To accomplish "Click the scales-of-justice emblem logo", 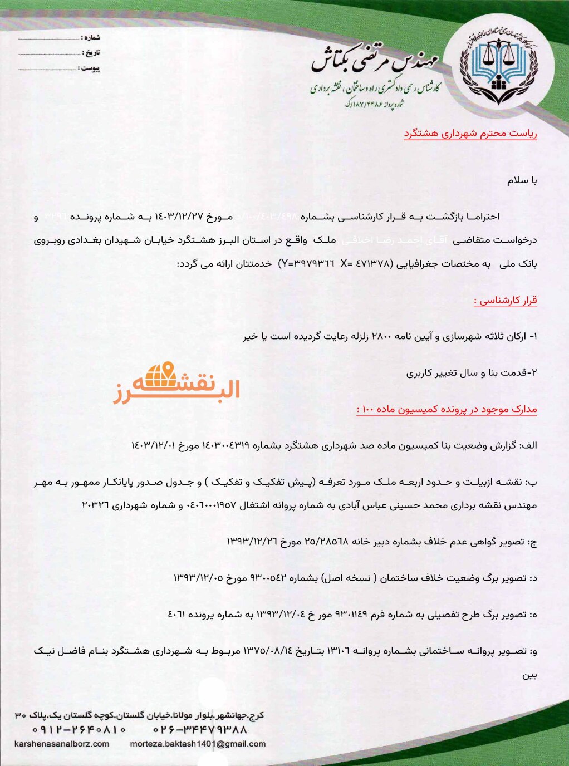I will tap(499, 66).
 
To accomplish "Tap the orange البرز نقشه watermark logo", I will tap(176, 384).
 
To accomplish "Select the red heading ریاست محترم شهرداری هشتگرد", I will tap(470, 134).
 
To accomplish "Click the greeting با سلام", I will tap(522, 181).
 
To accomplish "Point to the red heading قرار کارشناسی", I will tap(506, 301).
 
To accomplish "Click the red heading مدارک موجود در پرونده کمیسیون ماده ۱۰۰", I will tap(447, 410).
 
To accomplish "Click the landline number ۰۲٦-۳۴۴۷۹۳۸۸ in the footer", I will tap(200, 729).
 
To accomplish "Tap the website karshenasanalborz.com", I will tap(62, 744).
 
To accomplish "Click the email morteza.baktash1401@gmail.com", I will tap(198, 744).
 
